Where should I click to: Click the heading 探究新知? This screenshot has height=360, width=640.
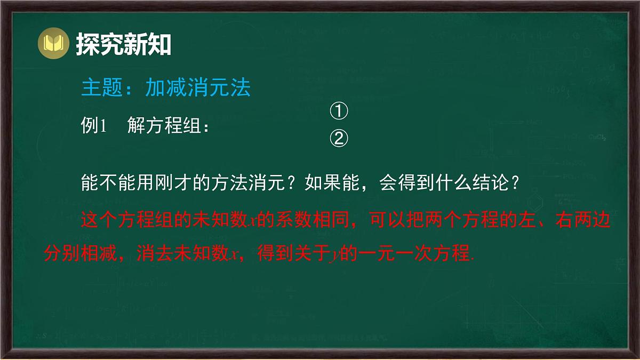(x=123, y=45)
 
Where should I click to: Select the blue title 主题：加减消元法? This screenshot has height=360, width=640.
(x=166, y=88)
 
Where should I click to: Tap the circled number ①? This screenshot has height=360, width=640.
(x=339, y=112)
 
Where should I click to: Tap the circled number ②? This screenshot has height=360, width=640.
(x=339, y=139)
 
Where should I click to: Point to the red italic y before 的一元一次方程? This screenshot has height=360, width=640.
(x=335, y=255)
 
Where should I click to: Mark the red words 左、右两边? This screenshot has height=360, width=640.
(x=565, y=220)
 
